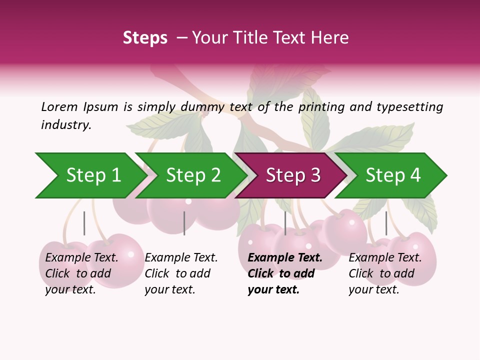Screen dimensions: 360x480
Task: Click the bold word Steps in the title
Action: point(145,38)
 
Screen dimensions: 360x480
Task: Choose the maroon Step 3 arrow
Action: point(293,175)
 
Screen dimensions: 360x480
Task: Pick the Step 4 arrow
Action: point(393,175)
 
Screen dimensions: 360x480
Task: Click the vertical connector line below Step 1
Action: point(84,223)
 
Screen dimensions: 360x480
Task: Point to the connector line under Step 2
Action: point(184,223)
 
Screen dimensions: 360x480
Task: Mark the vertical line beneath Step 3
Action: point(285,223)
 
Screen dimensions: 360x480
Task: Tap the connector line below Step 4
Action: point(386,223)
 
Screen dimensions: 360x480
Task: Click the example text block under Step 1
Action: point(81,273)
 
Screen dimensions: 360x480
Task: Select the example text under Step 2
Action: point(181,273)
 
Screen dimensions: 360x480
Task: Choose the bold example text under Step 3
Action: point(284,273)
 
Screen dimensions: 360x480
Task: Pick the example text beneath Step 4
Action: point(385,273)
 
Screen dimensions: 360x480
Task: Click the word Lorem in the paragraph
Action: point(59,107)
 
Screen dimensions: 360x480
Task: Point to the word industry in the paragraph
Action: point(65,125)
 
